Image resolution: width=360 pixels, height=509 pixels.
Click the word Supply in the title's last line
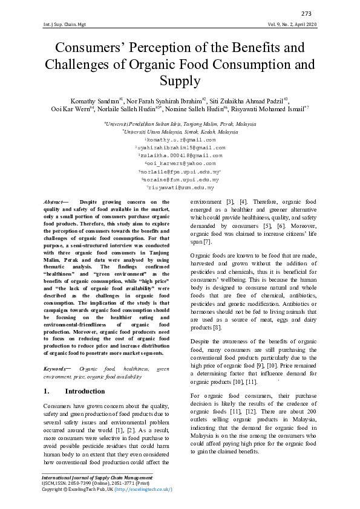coord(180,81)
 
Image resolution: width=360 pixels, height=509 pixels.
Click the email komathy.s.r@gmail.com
coord(180,140)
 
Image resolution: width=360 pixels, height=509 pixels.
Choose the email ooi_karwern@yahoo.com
coord(180,163)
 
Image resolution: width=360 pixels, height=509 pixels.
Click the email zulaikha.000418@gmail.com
coord(180,155)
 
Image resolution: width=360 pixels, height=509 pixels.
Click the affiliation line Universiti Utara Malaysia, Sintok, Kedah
coord(180,131)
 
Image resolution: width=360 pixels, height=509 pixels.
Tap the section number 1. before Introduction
coord(47,391)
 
